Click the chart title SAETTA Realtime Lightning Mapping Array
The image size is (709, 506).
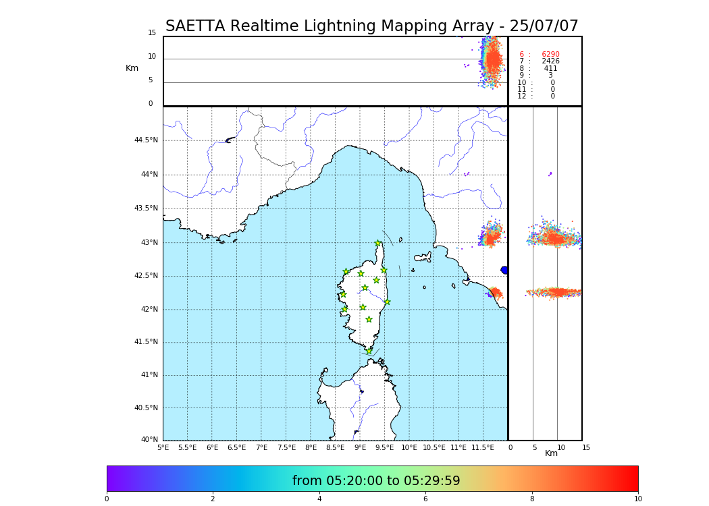(371, 26)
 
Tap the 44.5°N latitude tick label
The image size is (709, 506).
(146, 140)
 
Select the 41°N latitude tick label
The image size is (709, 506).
(149, 375)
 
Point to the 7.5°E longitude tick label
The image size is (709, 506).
(286, 447)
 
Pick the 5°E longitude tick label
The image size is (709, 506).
(163, 447)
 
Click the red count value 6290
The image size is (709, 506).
(550, 55)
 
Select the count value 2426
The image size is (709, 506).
(550, 61)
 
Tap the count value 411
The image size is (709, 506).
(550, 69)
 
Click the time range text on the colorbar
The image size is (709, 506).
(376, 481)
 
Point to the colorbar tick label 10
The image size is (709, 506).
(637, 499)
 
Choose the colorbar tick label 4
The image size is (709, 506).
(319, 499)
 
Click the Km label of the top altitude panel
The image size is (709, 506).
(132, 68)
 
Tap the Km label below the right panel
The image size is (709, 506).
(551, 453)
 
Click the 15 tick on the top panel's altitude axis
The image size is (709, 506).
(152, 33)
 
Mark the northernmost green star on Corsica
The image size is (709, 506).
(378, 244)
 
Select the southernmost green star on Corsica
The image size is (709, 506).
(369, 351)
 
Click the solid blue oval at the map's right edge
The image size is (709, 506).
(504, 270)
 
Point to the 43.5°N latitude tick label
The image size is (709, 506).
(146, 208)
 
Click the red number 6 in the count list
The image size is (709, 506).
(521, 55)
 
